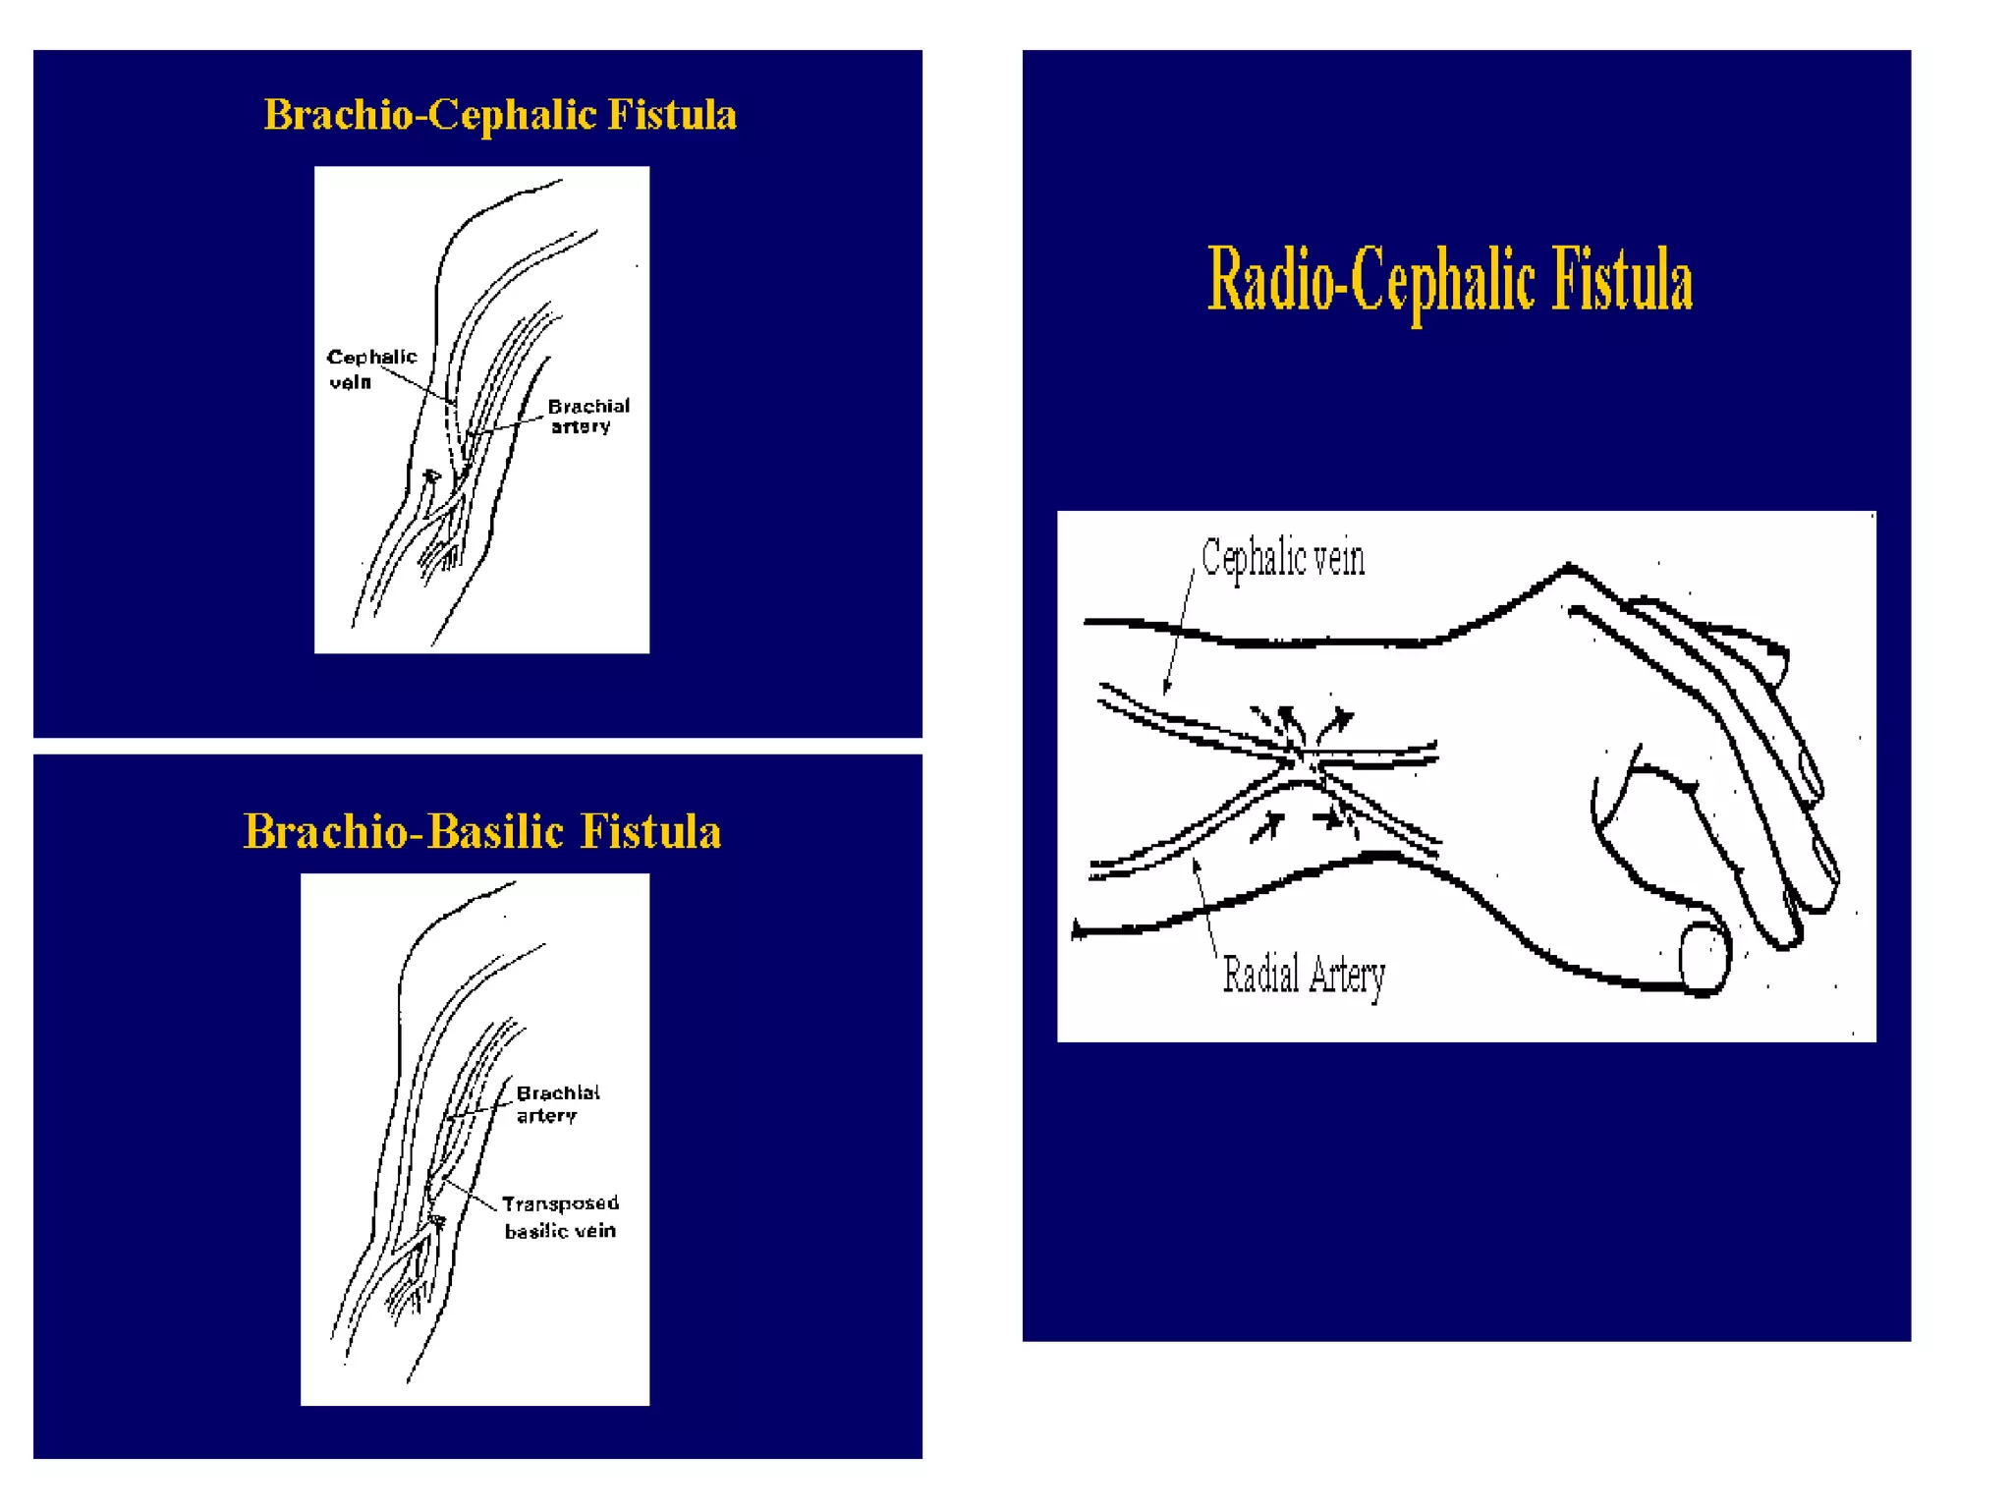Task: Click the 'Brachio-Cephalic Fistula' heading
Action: coord(499,115)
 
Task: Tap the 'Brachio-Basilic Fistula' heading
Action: coord(481,831)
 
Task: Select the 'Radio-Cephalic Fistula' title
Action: coord(1449,281)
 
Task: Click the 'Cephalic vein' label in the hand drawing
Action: coord(1282,558)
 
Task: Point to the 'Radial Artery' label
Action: coord(1304,976)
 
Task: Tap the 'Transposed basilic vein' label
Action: coord(560,1216)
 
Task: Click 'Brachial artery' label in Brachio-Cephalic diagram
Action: coord(587,416)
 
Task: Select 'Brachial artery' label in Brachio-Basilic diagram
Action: coord(557,1103)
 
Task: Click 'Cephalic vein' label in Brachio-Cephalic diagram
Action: coord(370,368)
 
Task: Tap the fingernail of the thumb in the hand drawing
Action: coord(1705,957)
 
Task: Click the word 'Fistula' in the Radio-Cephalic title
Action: coord(1622,281)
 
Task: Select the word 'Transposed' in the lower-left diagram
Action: coord(560,1203)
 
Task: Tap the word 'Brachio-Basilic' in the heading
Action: coord(403,831)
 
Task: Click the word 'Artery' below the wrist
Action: coord(1346,977)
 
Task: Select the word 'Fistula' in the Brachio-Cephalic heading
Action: coord(672,115)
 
